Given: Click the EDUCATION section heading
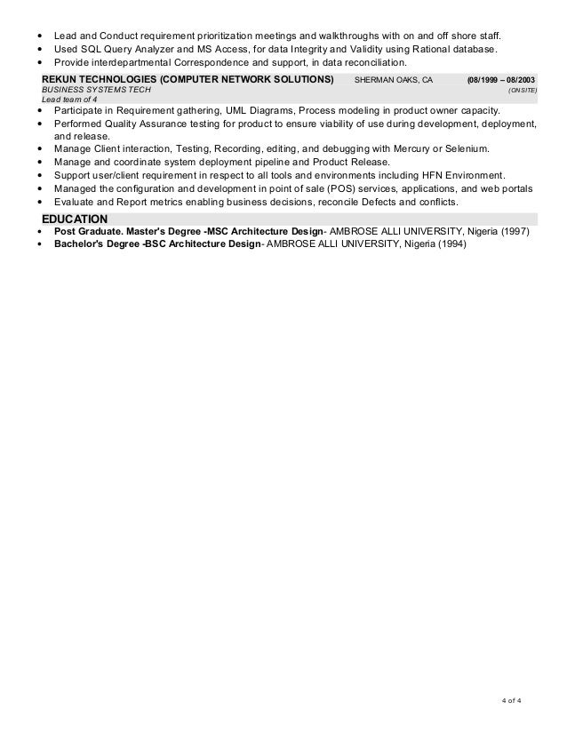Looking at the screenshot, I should pyautogui.click(x=76, y=219).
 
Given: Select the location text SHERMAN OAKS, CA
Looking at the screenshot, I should pyautogui.click(x=393, y=79).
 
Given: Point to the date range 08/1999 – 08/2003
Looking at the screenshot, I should pyautogui.click(x=501, y=79).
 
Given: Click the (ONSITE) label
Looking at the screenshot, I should pyautogui.click(x=522, y=90).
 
